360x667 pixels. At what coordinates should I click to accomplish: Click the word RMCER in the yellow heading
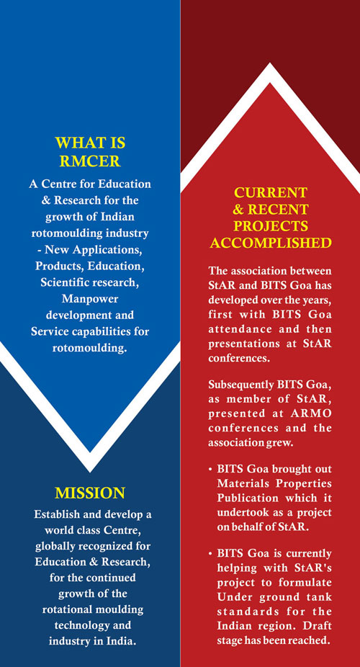(x=90, y=161)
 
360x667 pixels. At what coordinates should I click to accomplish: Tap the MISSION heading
(x=90, y=493)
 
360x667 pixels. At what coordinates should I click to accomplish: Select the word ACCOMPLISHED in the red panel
(x=270, y=243)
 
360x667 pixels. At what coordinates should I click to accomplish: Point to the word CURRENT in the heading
(x=270, y=192)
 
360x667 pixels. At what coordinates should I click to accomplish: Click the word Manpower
(x=90, y=299)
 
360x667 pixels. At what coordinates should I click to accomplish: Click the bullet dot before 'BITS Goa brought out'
(x=210, y=470)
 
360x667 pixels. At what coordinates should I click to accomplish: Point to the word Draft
(x=318, y=626)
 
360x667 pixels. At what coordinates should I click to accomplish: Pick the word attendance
(x=240, y=329)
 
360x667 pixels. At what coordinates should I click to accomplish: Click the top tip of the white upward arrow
(x=269, y=64)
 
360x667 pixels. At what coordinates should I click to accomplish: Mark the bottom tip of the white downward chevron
(x=90, y=471)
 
